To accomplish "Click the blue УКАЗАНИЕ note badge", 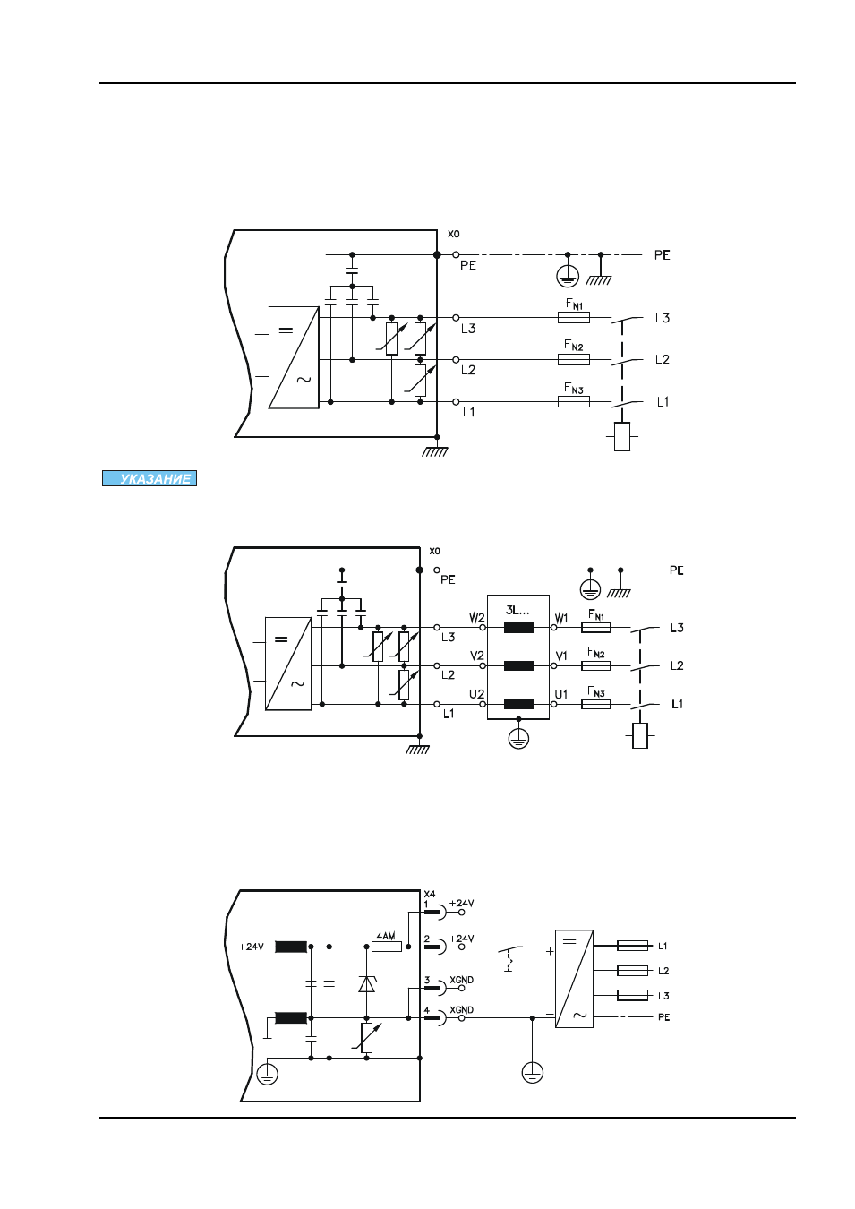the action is [x=150, y=478].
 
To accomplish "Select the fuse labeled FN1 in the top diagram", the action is [x=573, y=318].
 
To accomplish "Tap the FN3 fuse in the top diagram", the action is [x=573, y=401].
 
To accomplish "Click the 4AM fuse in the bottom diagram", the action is [x=387, y=946].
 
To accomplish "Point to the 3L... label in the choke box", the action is [x=517, y=611].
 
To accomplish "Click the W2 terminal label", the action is [x=477, y=617].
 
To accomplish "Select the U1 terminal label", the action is [x=561, y=694].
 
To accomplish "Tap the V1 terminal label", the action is [x=561, y=656].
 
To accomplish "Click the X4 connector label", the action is [x=430, y=894].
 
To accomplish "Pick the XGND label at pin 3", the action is [x=461, y=980].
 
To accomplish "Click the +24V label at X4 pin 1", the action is [x=461, y=903].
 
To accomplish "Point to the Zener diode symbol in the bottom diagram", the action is [x=367, y=983].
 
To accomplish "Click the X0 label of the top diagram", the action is [x=454, y=234].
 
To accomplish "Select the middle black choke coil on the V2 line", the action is [x=519, y=665].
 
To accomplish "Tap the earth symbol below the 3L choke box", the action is [x=518, y=739].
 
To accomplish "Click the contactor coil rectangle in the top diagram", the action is [x=622, y=436].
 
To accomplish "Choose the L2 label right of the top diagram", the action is [x=662, y=359].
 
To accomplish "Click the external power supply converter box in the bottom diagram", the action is [x=574, y=978].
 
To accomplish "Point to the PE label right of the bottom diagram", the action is [x=663, y=1016].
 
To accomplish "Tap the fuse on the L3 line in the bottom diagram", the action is [x=632, y=995].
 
